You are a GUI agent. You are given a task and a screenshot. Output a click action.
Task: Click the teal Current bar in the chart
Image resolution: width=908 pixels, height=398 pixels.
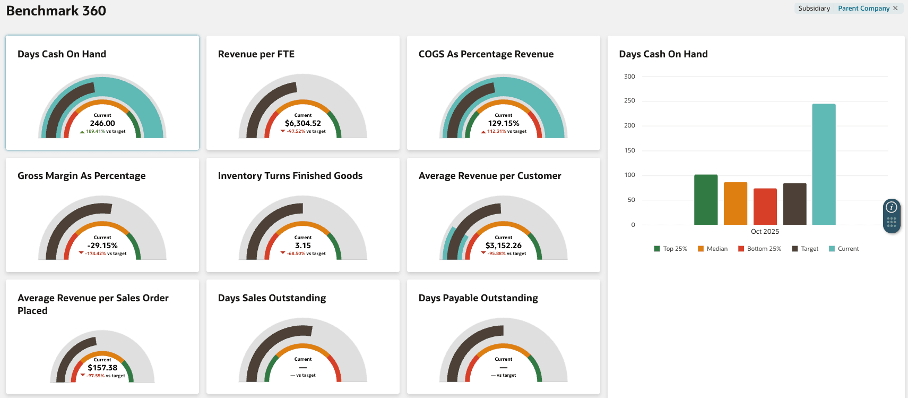(824, 165)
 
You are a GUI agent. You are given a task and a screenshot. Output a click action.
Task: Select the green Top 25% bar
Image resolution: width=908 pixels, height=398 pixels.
(706, 200)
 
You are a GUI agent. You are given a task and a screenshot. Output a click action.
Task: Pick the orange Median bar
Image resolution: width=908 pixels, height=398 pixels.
(736, 204)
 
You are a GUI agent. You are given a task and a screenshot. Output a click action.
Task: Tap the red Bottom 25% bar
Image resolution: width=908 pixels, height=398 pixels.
(765, 207)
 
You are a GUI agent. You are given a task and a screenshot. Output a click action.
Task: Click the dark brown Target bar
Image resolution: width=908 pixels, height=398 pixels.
(794, 204)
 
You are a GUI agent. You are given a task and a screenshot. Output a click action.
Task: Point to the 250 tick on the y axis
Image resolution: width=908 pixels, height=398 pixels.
(629, 100)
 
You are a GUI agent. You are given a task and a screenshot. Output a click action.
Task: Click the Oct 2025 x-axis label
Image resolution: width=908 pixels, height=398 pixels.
(765, 232)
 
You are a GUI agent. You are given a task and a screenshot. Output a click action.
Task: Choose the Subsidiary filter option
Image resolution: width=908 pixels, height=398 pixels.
(814, 9)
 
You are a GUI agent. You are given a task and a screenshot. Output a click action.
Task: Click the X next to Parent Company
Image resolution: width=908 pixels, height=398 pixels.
(895, 9)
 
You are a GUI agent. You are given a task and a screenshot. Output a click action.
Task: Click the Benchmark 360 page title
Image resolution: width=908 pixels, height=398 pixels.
(56, 11)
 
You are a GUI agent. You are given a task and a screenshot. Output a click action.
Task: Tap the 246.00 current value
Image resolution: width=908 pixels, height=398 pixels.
(102, 123)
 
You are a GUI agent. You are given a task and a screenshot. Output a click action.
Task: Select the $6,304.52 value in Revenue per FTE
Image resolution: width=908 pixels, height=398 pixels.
(303, 123)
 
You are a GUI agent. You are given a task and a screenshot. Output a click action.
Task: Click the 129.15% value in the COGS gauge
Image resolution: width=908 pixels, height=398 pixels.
(504, 123)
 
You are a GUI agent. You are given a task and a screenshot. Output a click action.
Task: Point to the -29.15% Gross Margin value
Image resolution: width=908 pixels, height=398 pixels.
(102, 245)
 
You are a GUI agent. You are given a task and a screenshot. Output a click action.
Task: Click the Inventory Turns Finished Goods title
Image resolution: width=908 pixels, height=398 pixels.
(290, 176)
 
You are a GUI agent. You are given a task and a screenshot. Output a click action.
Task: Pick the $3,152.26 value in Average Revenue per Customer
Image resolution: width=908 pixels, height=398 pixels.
(504, 245)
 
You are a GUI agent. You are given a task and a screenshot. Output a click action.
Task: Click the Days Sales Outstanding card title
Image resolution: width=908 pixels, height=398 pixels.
(272, 298)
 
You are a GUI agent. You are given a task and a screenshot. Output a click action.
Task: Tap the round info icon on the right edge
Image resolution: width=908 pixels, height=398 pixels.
(892, 207)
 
